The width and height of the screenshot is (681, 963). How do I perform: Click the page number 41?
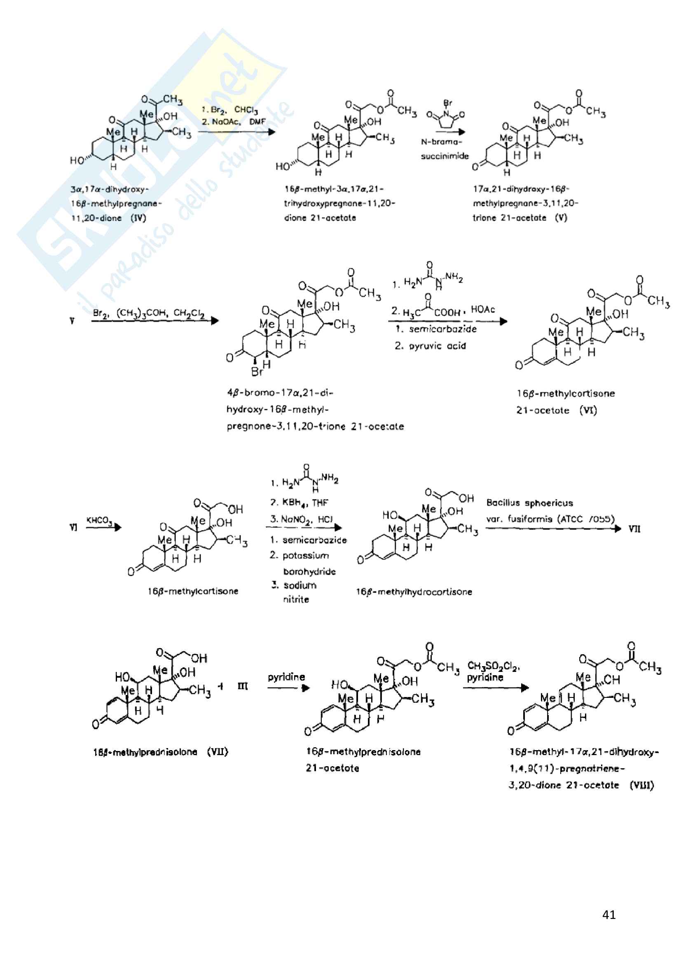coord(608,914)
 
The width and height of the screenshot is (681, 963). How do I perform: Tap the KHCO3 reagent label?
coord(99,521)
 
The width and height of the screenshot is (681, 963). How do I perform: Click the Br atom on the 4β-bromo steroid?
coord(256,372)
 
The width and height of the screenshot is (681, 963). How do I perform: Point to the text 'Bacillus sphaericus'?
coord(529,502)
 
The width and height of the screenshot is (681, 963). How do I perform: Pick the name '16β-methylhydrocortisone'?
coord(414,592)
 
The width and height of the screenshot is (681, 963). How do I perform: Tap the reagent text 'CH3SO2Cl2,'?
coord(493,666)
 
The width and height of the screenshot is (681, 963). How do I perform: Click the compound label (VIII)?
coord(641,785)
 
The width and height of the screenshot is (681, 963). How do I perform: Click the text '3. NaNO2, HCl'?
coord(301,519)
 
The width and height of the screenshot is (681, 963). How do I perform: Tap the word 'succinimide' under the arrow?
coord(445,156)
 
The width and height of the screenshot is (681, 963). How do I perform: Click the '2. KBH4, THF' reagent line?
coord(299,502)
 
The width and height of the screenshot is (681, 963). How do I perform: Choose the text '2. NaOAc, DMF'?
coord(233,121)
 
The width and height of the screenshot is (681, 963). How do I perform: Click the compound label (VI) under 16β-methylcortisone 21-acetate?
coord(588,410)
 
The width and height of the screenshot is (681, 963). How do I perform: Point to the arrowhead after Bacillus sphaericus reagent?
coord(617,529)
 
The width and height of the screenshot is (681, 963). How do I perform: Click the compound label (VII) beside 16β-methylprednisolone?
coord(218,752)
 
